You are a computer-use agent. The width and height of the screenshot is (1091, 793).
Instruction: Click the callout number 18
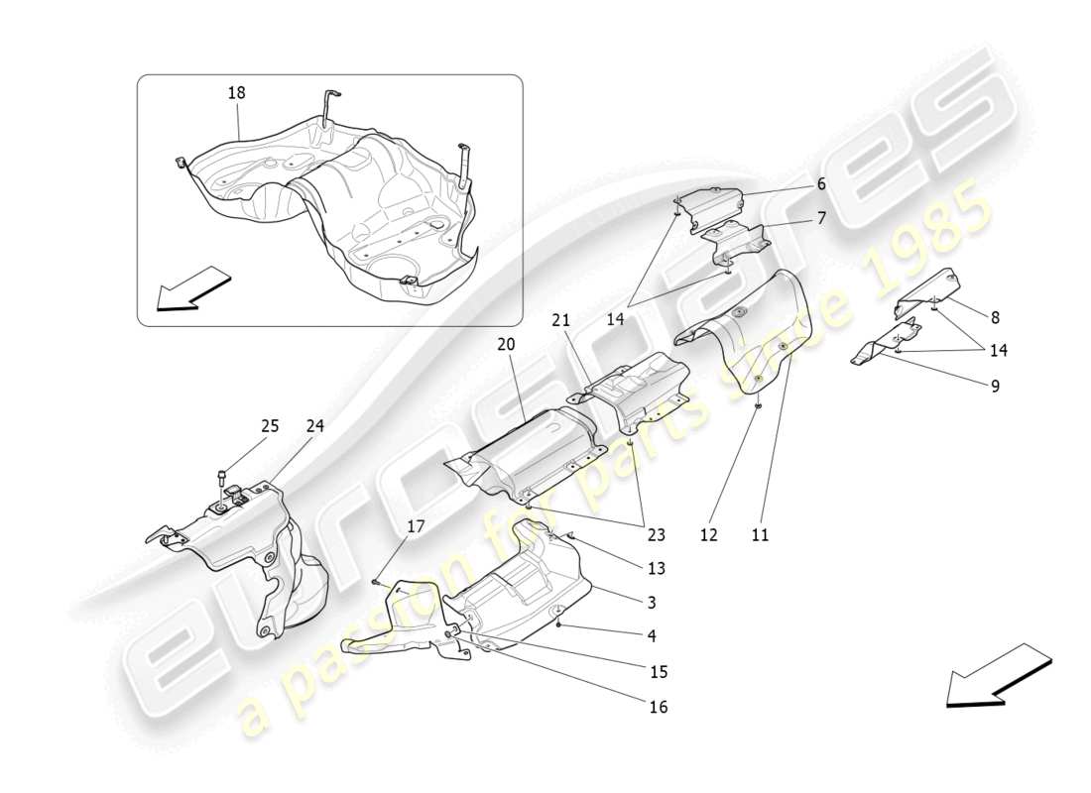236,92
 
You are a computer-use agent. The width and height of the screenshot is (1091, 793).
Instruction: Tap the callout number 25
270,426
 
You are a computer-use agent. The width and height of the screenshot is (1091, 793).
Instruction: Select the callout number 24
315,426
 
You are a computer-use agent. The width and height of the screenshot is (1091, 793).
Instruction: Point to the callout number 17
416,527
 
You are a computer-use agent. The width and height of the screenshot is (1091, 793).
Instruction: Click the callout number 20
507,345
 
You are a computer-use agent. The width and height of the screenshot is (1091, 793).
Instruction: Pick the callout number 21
561,320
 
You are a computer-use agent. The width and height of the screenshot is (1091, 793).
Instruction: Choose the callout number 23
657,536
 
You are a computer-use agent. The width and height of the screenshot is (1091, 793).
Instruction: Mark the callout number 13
656,569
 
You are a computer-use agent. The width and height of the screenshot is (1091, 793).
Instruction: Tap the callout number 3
651,602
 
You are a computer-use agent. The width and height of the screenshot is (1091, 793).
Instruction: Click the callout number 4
651,635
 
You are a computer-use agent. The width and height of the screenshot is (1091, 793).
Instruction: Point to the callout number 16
659,707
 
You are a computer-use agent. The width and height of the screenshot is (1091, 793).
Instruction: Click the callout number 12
708,535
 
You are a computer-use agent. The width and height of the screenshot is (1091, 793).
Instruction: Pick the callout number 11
760,535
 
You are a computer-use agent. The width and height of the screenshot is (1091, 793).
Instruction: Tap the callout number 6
821,184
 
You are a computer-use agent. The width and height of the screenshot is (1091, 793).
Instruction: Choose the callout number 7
821,218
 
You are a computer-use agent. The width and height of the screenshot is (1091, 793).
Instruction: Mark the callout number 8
995,318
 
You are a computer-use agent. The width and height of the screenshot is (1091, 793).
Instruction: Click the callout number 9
995,386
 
